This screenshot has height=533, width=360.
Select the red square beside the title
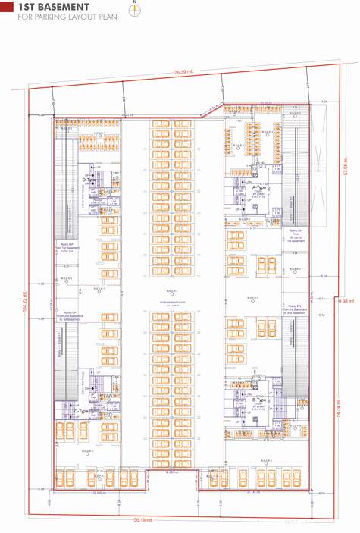[x=7, y=7]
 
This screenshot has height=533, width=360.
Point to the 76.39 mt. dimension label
[x=183, y=71]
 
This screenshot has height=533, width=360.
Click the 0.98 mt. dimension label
[x=347, y=301]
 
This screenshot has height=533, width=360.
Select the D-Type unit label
[x=89, y=180]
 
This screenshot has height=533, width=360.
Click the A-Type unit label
[x=260, y=187]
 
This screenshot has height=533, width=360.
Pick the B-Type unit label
[x=260, y=400]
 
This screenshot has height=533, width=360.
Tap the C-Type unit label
[x=81, y=411]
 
